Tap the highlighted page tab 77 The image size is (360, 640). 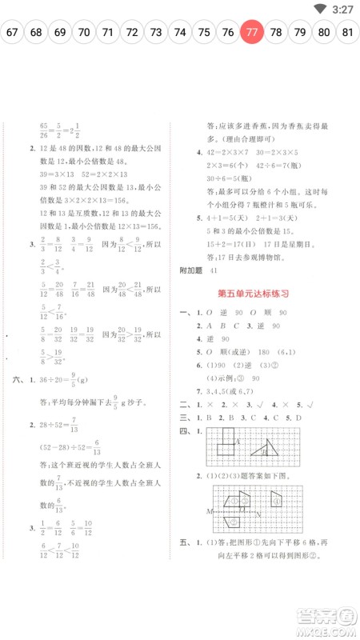252,33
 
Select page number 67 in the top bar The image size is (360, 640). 12,33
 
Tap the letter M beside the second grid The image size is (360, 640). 210,510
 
